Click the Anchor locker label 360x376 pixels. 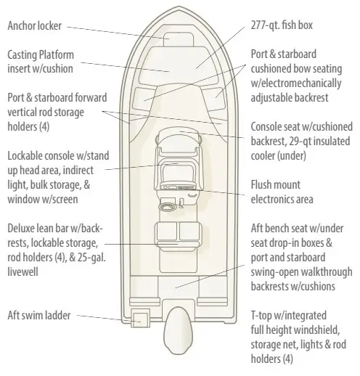point(35,25)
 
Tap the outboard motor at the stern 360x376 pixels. point(179,330)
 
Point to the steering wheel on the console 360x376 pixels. point(168,206)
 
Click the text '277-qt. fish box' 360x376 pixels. point(282,25)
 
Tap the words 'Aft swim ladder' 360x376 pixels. point(39,315)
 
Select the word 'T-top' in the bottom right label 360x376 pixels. point(261,316)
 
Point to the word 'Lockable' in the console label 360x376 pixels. point(26,156)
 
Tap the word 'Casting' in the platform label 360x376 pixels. point(22,55)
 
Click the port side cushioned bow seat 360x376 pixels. point(144,99)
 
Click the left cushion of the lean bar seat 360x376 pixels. point(167,232)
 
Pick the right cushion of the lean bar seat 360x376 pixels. point(190,232)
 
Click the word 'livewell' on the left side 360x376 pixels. point(23,271)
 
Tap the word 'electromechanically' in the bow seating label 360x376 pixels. point(296,83)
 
